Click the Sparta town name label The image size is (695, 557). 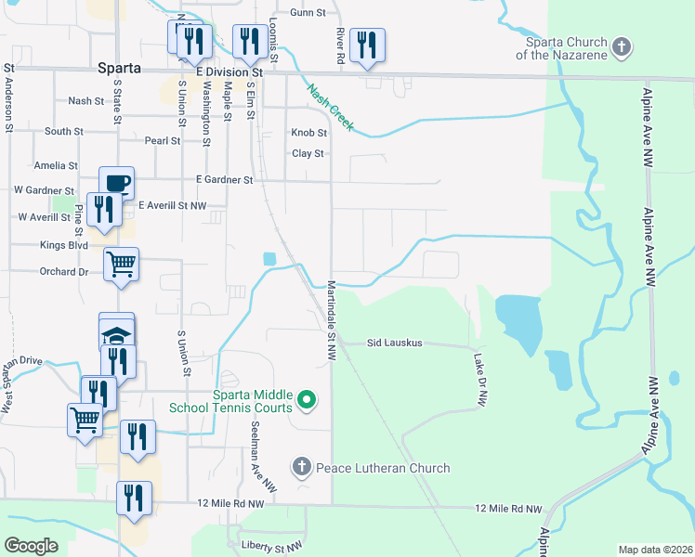tap(119, 69)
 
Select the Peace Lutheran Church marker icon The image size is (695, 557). tap(300, 467)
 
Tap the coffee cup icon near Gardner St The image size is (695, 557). tap(117, 182)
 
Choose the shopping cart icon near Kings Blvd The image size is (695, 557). tap(121, 265)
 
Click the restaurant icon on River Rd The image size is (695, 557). tap(367, 45)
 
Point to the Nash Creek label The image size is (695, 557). tap(330, 106)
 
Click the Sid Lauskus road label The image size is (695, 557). tap(394, 343)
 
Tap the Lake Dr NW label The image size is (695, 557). tap(480, 381)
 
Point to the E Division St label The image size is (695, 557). tap(230, 71)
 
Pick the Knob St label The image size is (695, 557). tap(309, 133)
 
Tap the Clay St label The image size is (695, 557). tap(308, 153)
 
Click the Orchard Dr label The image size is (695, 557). tap(64, 272)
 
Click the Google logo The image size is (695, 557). tap(32, 546)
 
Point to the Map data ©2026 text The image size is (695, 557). tap(655, 550)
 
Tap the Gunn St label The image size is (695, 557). tap(308, 13)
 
